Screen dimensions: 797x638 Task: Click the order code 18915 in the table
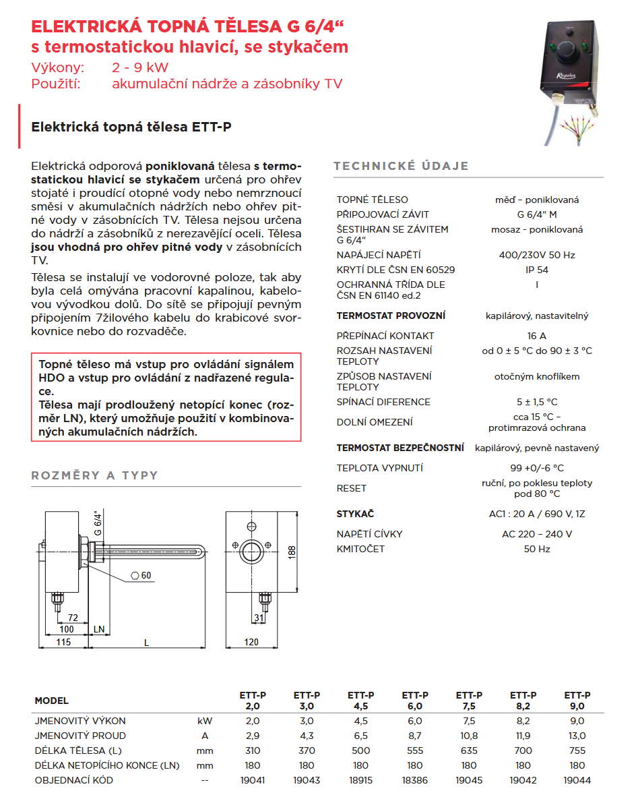tap(360, 780)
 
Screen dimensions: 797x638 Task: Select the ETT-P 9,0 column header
tap(577, 701)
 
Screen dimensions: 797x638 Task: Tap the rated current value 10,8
tap(469, 736)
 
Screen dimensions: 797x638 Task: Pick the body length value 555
tap(415, 750)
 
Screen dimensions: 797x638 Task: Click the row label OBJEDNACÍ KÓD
tap(74, 780)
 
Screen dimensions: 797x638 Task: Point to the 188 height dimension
tap(292, 551)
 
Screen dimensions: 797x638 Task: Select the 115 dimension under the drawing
tap(63, 642)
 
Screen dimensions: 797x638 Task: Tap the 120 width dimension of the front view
tap(251, 642)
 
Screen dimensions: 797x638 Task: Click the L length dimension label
tap(147, 642)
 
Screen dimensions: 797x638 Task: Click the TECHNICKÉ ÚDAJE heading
tap(401, 167)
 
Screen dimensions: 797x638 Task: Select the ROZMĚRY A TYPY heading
tap(94, 475)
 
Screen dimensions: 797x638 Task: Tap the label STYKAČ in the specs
tap(355, 514)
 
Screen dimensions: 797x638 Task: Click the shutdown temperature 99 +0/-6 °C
tap(536, 468)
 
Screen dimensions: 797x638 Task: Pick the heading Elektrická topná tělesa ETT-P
tap(131, 127)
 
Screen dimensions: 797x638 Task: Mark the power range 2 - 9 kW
tap(140, 68)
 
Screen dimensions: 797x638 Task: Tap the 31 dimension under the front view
tap(259, 618)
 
